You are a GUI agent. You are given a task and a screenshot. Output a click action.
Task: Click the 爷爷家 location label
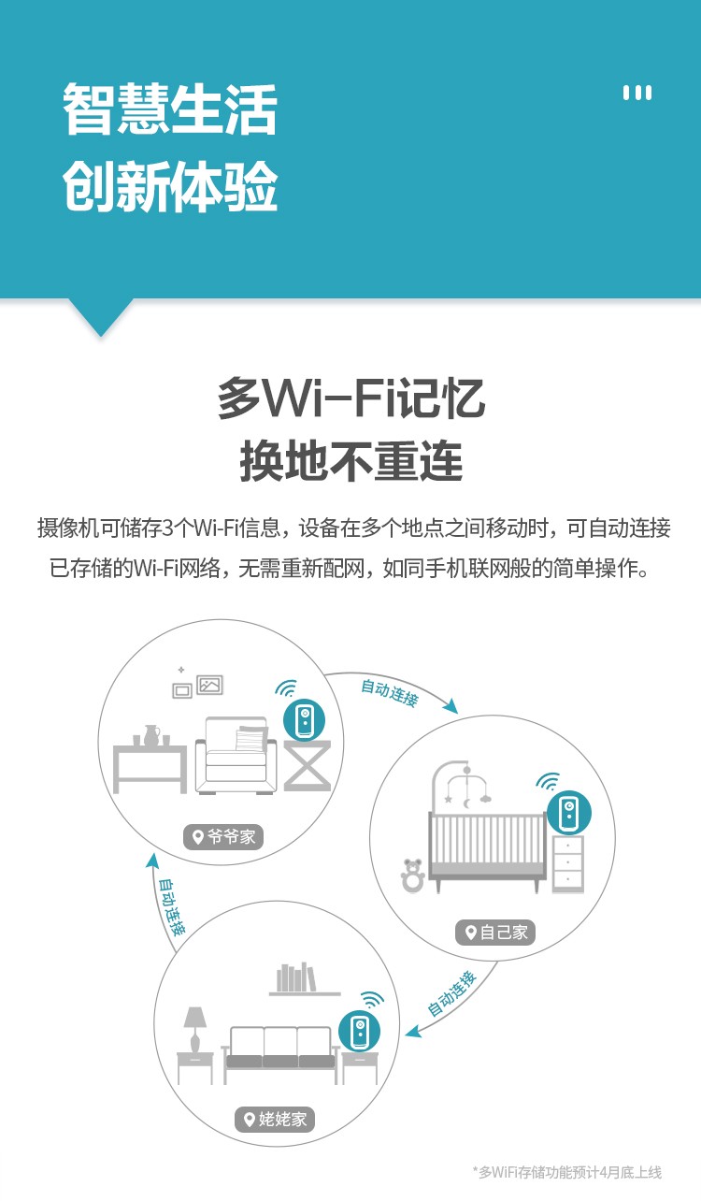pos(223,836)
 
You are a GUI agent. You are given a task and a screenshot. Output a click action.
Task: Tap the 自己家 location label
pos(495,933)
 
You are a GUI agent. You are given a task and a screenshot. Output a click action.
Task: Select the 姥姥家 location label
pos(275,1119)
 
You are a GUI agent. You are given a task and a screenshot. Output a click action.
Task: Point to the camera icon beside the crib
pos(569,813)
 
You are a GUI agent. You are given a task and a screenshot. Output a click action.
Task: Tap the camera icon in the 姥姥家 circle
pos(360,1031)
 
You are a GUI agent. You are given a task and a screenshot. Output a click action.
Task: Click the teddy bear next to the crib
pos(413,875)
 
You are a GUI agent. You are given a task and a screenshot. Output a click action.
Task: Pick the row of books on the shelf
pos(296,977)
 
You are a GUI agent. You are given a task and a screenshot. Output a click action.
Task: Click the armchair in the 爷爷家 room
pos(236,755)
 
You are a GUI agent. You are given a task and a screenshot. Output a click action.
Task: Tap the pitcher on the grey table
pos(151,735)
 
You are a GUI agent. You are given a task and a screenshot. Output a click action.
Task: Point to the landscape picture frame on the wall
pos(209,685)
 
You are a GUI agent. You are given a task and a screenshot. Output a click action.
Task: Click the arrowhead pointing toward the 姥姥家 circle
pos(413,1032)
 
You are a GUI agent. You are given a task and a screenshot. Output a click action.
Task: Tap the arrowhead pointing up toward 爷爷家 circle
pos(152,861)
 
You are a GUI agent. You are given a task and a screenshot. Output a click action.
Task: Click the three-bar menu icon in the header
pos(637,93)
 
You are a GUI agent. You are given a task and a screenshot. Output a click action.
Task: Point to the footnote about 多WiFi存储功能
pos(567,1172)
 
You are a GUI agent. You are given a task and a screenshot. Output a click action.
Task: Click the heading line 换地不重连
pos(351,461)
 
